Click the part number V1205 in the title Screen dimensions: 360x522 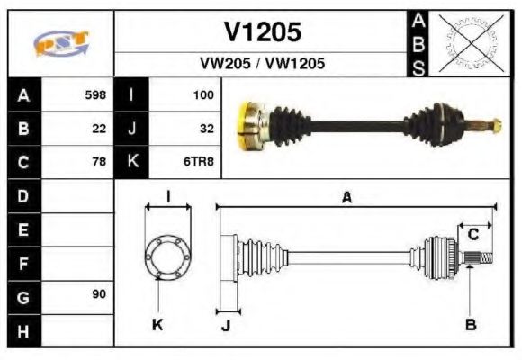click(x=262, y=32)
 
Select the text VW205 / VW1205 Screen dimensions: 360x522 click(x=262, y=64)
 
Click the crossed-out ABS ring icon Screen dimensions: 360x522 click(x=468, y=42)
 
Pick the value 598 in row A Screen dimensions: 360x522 click(x=95, y=94)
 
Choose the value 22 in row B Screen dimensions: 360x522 click(x=99, y=129)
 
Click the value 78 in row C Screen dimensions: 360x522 click(x=99, y=163)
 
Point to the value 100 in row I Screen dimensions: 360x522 click(x=203, y=94)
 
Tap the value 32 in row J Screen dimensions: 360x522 click(x=206, y=129)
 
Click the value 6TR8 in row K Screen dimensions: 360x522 click(x=200, y=163)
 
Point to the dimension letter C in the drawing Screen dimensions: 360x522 click(x=472, y=236)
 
